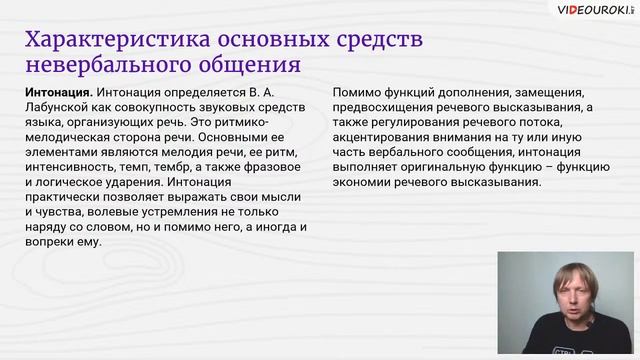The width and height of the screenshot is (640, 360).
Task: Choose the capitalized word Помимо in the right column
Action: coord(352,91)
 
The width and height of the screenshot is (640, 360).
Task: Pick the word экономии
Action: coord(359,181)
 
